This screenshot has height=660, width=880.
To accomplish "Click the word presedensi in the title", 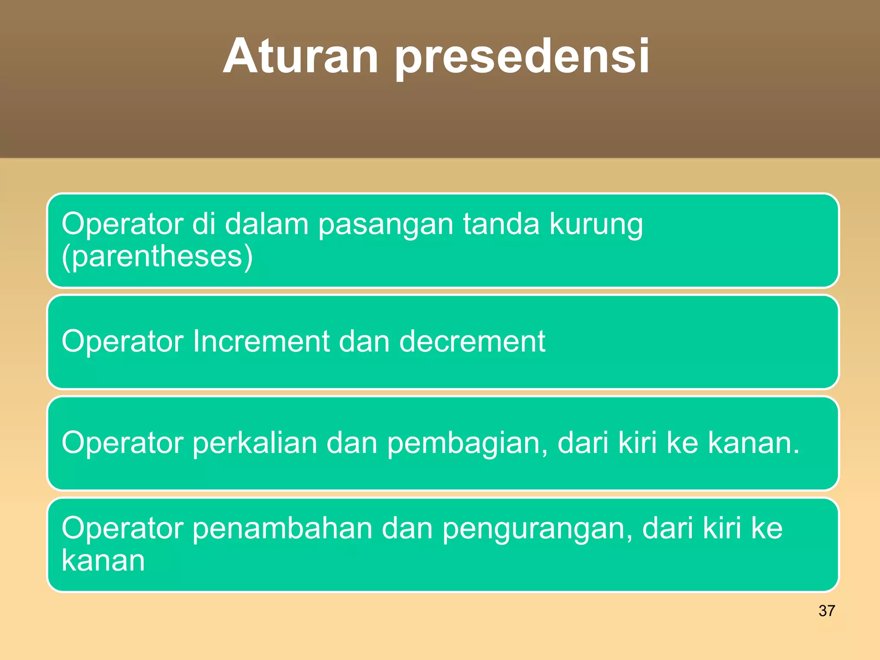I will click(x=522, y=58).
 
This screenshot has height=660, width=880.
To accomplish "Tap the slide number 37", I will click(x=826, y=611).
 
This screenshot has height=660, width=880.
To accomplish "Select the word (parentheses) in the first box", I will click(x=157, y=257).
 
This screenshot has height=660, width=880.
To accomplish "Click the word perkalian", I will click(x=254, y=443).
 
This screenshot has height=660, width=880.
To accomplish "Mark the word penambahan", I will click(x=282, y=529).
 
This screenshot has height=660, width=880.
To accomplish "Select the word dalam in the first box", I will click(x=266, y=224).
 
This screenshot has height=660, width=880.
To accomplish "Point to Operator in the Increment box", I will click(x=122, y=342).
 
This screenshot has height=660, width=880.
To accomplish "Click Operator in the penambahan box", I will click(x=122, y=529).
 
